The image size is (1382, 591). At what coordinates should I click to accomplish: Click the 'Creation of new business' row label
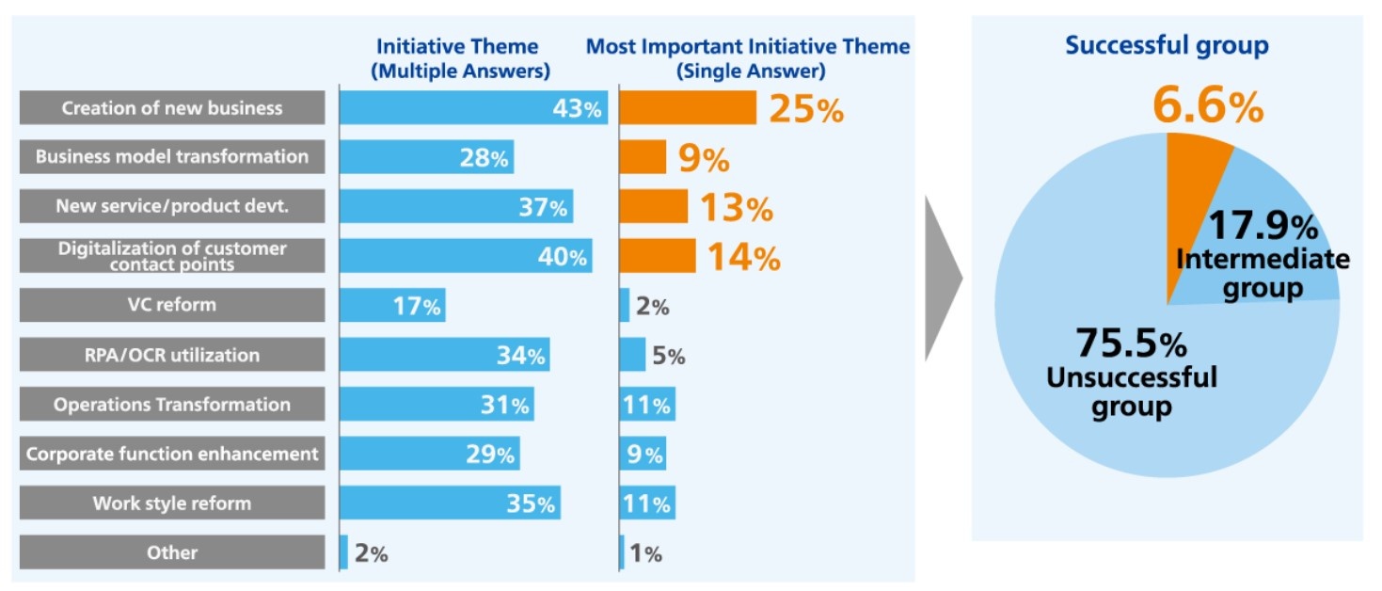[x=172, y=108]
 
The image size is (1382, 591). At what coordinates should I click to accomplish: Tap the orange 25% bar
[x=688, y=108]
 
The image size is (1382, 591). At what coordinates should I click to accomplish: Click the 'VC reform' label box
[x=172, y=305]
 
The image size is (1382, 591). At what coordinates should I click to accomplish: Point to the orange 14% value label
[x=743, y=257]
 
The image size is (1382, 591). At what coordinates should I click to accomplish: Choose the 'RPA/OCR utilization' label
[x=172, y=355]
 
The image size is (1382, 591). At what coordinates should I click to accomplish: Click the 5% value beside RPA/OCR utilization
[x=668, y=357]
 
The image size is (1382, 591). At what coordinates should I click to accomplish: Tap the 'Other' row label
[x=172, y=552]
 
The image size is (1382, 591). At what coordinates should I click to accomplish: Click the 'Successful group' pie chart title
[x=1167, y=45]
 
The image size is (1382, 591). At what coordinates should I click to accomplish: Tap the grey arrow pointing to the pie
[x=941, y=280]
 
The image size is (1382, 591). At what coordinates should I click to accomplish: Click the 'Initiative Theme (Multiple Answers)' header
[x=457, y=57]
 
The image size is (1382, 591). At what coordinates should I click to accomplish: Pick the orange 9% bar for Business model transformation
[x=643, y=157]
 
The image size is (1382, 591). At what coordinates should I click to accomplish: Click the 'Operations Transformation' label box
[x=172, y=405]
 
